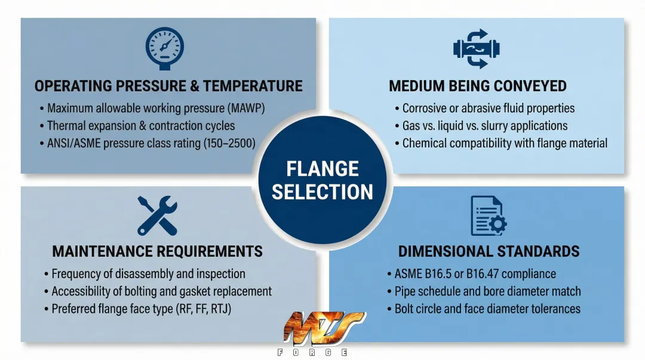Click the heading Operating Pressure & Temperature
(x=168, y=86)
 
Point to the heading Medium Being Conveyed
(x=478, y=86)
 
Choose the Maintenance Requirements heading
(x=158, y=251)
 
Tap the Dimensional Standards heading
(x=489, y=251)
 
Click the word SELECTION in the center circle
(x=322, y=192)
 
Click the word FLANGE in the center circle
(x=322, y=169)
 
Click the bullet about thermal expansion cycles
(x=141, y=126)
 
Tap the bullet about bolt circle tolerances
(x=487, y=309)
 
